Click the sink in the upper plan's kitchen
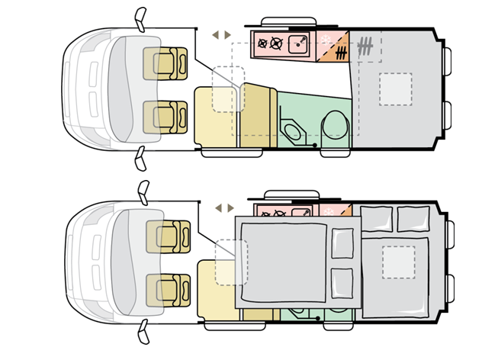[300, 43]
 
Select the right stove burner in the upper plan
[277, 43]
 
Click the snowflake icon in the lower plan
[329, 211]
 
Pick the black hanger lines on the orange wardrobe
[341, 53]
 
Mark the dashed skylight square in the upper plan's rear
[395, 88]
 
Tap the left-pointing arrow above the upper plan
[215, 35]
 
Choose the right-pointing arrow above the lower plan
[229, 207]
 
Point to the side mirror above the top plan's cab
[140, 17]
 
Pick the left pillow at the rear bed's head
[376, 219]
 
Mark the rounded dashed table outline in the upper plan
[228, 89]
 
